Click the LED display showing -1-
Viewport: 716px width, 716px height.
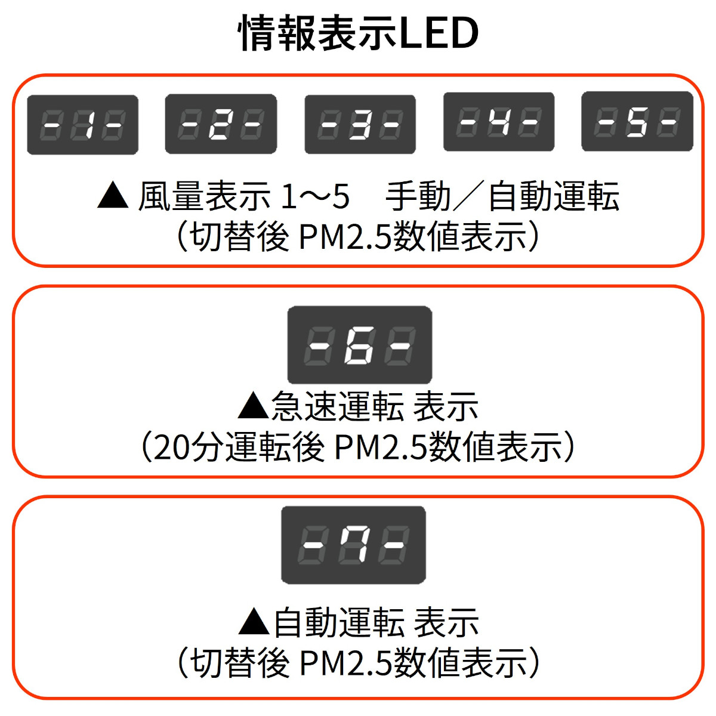pos(83,125)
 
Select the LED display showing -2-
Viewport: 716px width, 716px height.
pos(221,124)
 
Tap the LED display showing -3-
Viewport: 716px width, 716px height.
pos(360,124)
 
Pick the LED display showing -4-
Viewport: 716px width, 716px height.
pos(499,122)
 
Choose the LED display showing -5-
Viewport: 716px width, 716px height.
pos(637,122)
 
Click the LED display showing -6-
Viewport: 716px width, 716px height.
pos(360,345)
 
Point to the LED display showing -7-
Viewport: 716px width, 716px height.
pos(353,545)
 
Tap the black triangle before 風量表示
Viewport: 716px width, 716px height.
pos(113,196)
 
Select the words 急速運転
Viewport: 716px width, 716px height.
pos(338,406)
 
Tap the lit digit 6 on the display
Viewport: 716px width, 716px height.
pos(359,345)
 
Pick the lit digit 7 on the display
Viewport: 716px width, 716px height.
pos(353,545)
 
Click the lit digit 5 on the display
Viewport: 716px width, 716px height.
pos(637,122)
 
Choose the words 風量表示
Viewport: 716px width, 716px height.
pos(205,196)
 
